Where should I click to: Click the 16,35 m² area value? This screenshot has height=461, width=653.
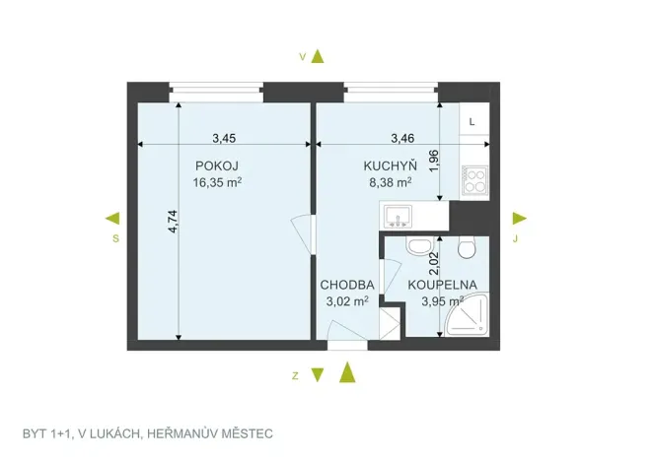click(x=218, y=181)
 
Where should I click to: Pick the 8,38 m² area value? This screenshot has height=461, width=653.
click(x=390, y=181)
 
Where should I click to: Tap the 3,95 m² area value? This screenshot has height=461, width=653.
click(x=442, y=301)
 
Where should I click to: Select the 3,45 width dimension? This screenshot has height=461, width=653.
click(x=225, y=138)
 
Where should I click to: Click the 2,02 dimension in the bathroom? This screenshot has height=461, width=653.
click(x=432, y=261)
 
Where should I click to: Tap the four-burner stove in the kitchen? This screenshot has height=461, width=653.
click(x=474, y=180)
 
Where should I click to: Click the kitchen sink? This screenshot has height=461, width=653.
click(x=400, y=215)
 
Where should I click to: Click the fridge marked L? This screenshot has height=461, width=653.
click(x=473, y=121)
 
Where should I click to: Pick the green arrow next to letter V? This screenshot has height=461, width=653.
click(x=318, y=56)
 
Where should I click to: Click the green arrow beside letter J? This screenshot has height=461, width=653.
click(x=520, y=218)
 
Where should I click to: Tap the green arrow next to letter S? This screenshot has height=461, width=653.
click(x=113, y=218)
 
